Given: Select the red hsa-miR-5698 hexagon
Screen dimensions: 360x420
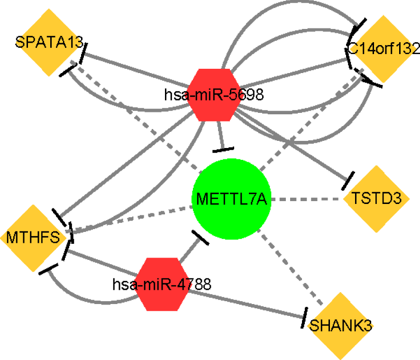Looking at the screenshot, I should [x=214, y=94].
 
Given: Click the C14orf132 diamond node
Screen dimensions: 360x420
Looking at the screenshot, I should [x=382, y=49].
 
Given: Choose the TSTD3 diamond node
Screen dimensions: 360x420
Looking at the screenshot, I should [x=376, y=199].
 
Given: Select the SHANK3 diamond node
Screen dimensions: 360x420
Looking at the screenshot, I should [x=340, y=325].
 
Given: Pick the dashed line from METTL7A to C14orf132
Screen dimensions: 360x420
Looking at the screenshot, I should [x=308, y=119].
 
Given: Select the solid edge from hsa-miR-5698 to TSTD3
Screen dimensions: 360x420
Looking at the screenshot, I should [x=294, y=147].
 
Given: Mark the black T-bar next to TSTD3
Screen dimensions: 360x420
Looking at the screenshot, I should [x=347, y=181].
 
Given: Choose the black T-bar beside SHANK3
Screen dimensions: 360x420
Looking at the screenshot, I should [x=303, y=317].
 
